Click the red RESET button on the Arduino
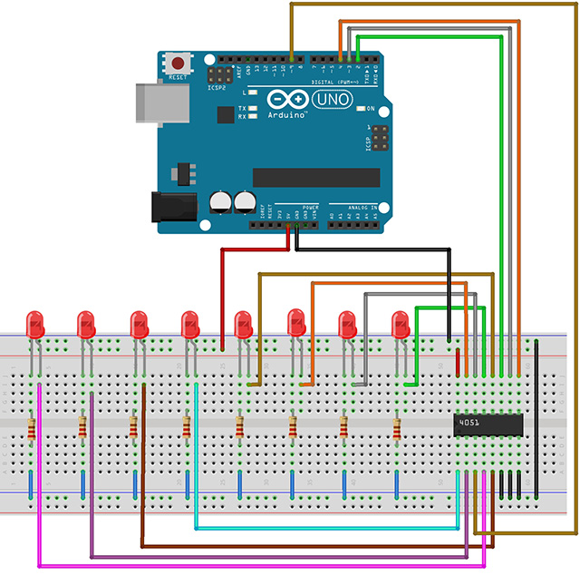tap(180, 64)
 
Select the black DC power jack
tap(173, 207)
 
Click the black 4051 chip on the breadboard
tap(488, 423)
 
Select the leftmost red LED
tap(36, 324)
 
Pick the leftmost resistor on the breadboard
tap(33, 428)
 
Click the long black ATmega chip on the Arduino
tap(315, 177)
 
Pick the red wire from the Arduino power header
tap(223, 290)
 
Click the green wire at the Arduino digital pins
tap(426, 37)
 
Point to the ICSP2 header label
tap(217, 89)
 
